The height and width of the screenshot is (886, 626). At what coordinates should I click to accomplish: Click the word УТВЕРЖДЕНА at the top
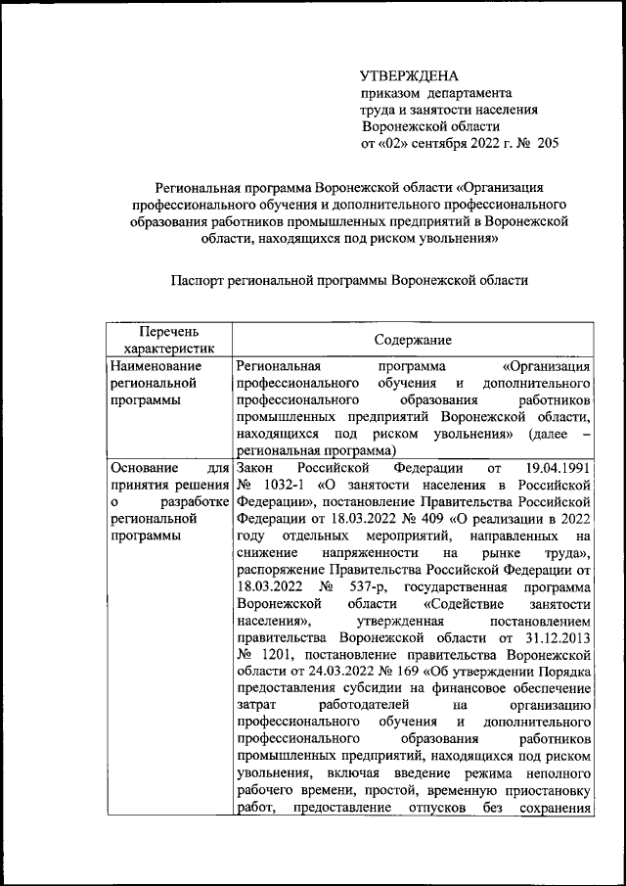(x=409, y=75)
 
